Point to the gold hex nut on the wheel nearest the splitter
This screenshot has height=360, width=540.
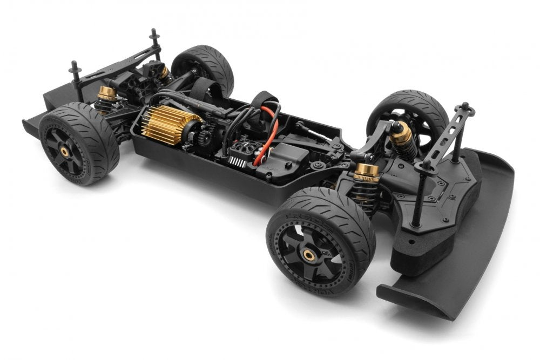[x=309, y=253]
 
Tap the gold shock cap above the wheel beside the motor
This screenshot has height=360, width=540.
[x=106, y=93]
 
